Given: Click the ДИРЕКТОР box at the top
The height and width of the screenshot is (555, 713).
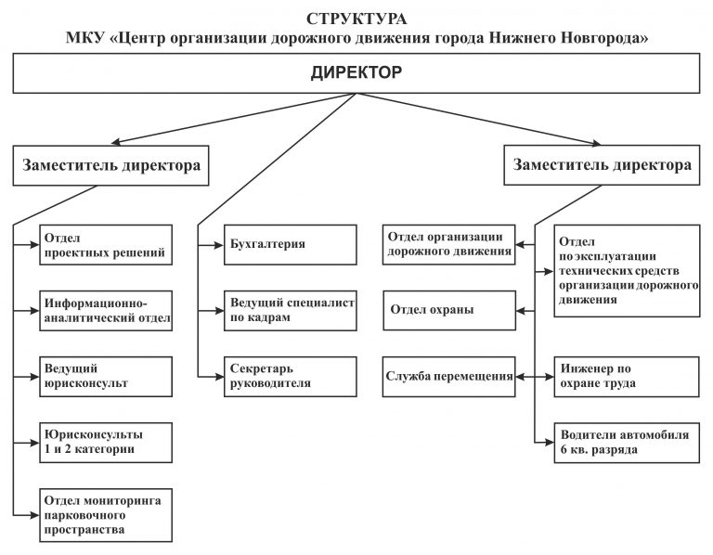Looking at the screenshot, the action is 356,73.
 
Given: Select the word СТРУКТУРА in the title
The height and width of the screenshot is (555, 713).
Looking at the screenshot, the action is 356,19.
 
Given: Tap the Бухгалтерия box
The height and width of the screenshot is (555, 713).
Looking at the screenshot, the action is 290,244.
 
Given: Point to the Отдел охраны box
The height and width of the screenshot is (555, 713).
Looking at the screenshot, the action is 449,311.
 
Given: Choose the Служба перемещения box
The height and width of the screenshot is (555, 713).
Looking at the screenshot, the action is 448,377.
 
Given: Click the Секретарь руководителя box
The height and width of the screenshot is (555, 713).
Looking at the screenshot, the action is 290,377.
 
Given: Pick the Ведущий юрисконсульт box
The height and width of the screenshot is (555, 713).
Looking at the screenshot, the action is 106,377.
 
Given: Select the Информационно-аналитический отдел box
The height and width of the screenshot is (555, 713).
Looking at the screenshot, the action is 106,311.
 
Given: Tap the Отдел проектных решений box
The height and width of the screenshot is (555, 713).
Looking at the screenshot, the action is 106,244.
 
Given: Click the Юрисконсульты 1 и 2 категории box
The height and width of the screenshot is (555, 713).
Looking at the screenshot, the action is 106,443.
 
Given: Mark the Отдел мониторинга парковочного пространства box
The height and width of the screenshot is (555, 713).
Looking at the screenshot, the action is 106,515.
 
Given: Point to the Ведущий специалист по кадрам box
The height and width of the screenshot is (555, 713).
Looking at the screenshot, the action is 290,311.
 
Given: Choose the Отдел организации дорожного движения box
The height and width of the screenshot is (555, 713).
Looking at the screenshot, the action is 448,244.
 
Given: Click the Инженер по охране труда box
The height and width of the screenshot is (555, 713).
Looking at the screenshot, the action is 627,377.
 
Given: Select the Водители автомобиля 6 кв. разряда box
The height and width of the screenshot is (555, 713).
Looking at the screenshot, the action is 627,443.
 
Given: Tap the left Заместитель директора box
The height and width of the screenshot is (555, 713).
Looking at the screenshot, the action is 111,165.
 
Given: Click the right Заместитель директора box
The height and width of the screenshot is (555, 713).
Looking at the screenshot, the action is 602,165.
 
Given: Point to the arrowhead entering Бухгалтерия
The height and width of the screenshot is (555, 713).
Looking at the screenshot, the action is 219,245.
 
